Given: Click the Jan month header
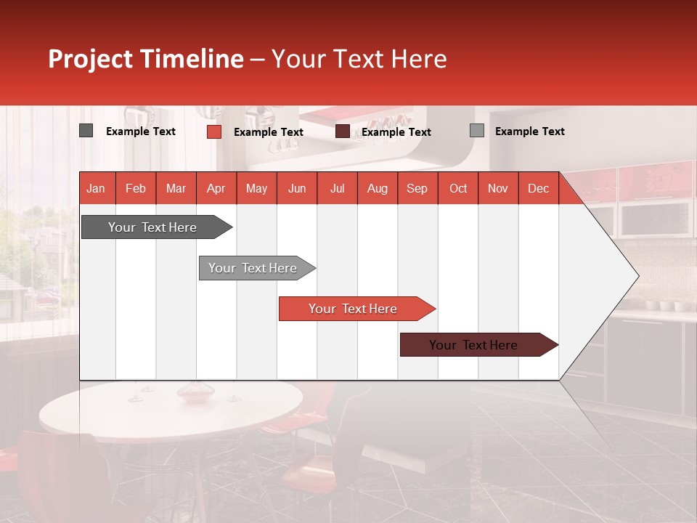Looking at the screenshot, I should (x=96, y=188).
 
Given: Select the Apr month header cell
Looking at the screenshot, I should (x=216, y=188).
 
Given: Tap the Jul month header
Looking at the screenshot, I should (x=337, y=188).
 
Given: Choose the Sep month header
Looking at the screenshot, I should (x=417, y=188).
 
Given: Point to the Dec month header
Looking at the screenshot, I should (x=538, y=188).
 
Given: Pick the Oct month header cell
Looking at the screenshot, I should (x=458, y=188).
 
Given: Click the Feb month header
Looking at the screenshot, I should (x=136, y=188).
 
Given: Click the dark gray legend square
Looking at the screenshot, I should (x=86, y=131).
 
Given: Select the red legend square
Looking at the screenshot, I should (x=213, y=131).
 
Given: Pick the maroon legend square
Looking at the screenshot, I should (x=343, y=131).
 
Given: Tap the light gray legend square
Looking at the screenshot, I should (x=476, y=131).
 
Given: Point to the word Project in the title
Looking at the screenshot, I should (x=90, y=59).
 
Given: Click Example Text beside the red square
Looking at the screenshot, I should (x=268, y=131).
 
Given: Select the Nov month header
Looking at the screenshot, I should (x=498, y=188).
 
